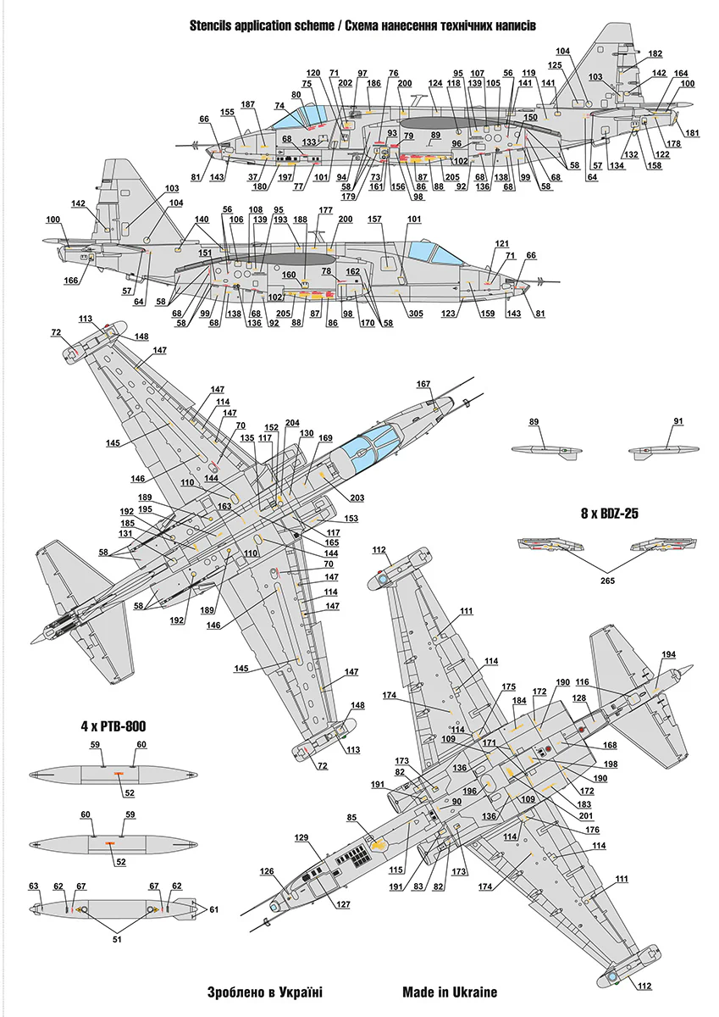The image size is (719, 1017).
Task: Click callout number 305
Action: tap(416, 314)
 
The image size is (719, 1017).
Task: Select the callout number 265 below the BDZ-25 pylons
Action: tap(607, 581)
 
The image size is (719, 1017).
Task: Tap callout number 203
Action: tap(357, 497)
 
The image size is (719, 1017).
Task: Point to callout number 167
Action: tap(423, 384)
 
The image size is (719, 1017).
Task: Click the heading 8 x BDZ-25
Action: tap(609, 514)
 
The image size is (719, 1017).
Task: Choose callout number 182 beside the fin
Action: tap(655, 53)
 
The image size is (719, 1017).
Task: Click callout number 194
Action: tap(669, 654)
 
